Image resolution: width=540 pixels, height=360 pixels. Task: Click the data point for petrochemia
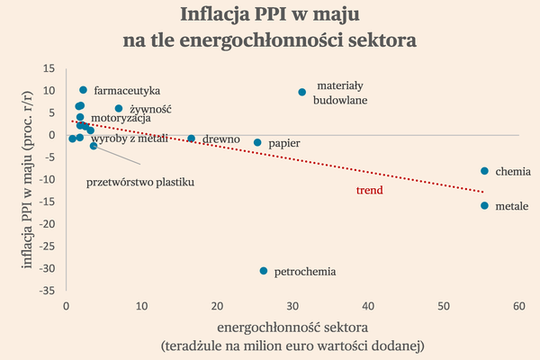(264, 271)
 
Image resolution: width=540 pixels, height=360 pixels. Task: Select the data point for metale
(484, 206)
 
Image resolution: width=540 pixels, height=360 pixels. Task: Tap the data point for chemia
(484, 171)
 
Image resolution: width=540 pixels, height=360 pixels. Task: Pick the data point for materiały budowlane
(302, 92)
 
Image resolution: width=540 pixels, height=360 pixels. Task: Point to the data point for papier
(257, 142)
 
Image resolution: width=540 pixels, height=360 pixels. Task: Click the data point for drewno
(191, 139)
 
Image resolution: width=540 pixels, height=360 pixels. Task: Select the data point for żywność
(118, 109)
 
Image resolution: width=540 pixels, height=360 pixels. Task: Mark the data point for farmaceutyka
(84, 90)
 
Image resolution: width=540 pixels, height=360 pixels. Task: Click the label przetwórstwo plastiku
(140, 182)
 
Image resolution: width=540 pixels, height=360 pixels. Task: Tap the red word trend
(369, 191)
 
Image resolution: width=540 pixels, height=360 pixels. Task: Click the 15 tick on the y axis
(49, 68)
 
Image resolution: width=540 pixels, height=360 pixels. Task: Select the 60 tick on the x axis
(518, 307)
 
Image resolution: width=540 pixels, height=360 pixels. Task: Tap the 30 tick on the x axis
(292, 307)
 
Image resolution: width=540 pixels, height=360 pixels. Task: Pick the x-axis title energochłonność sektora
(292, 326)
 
